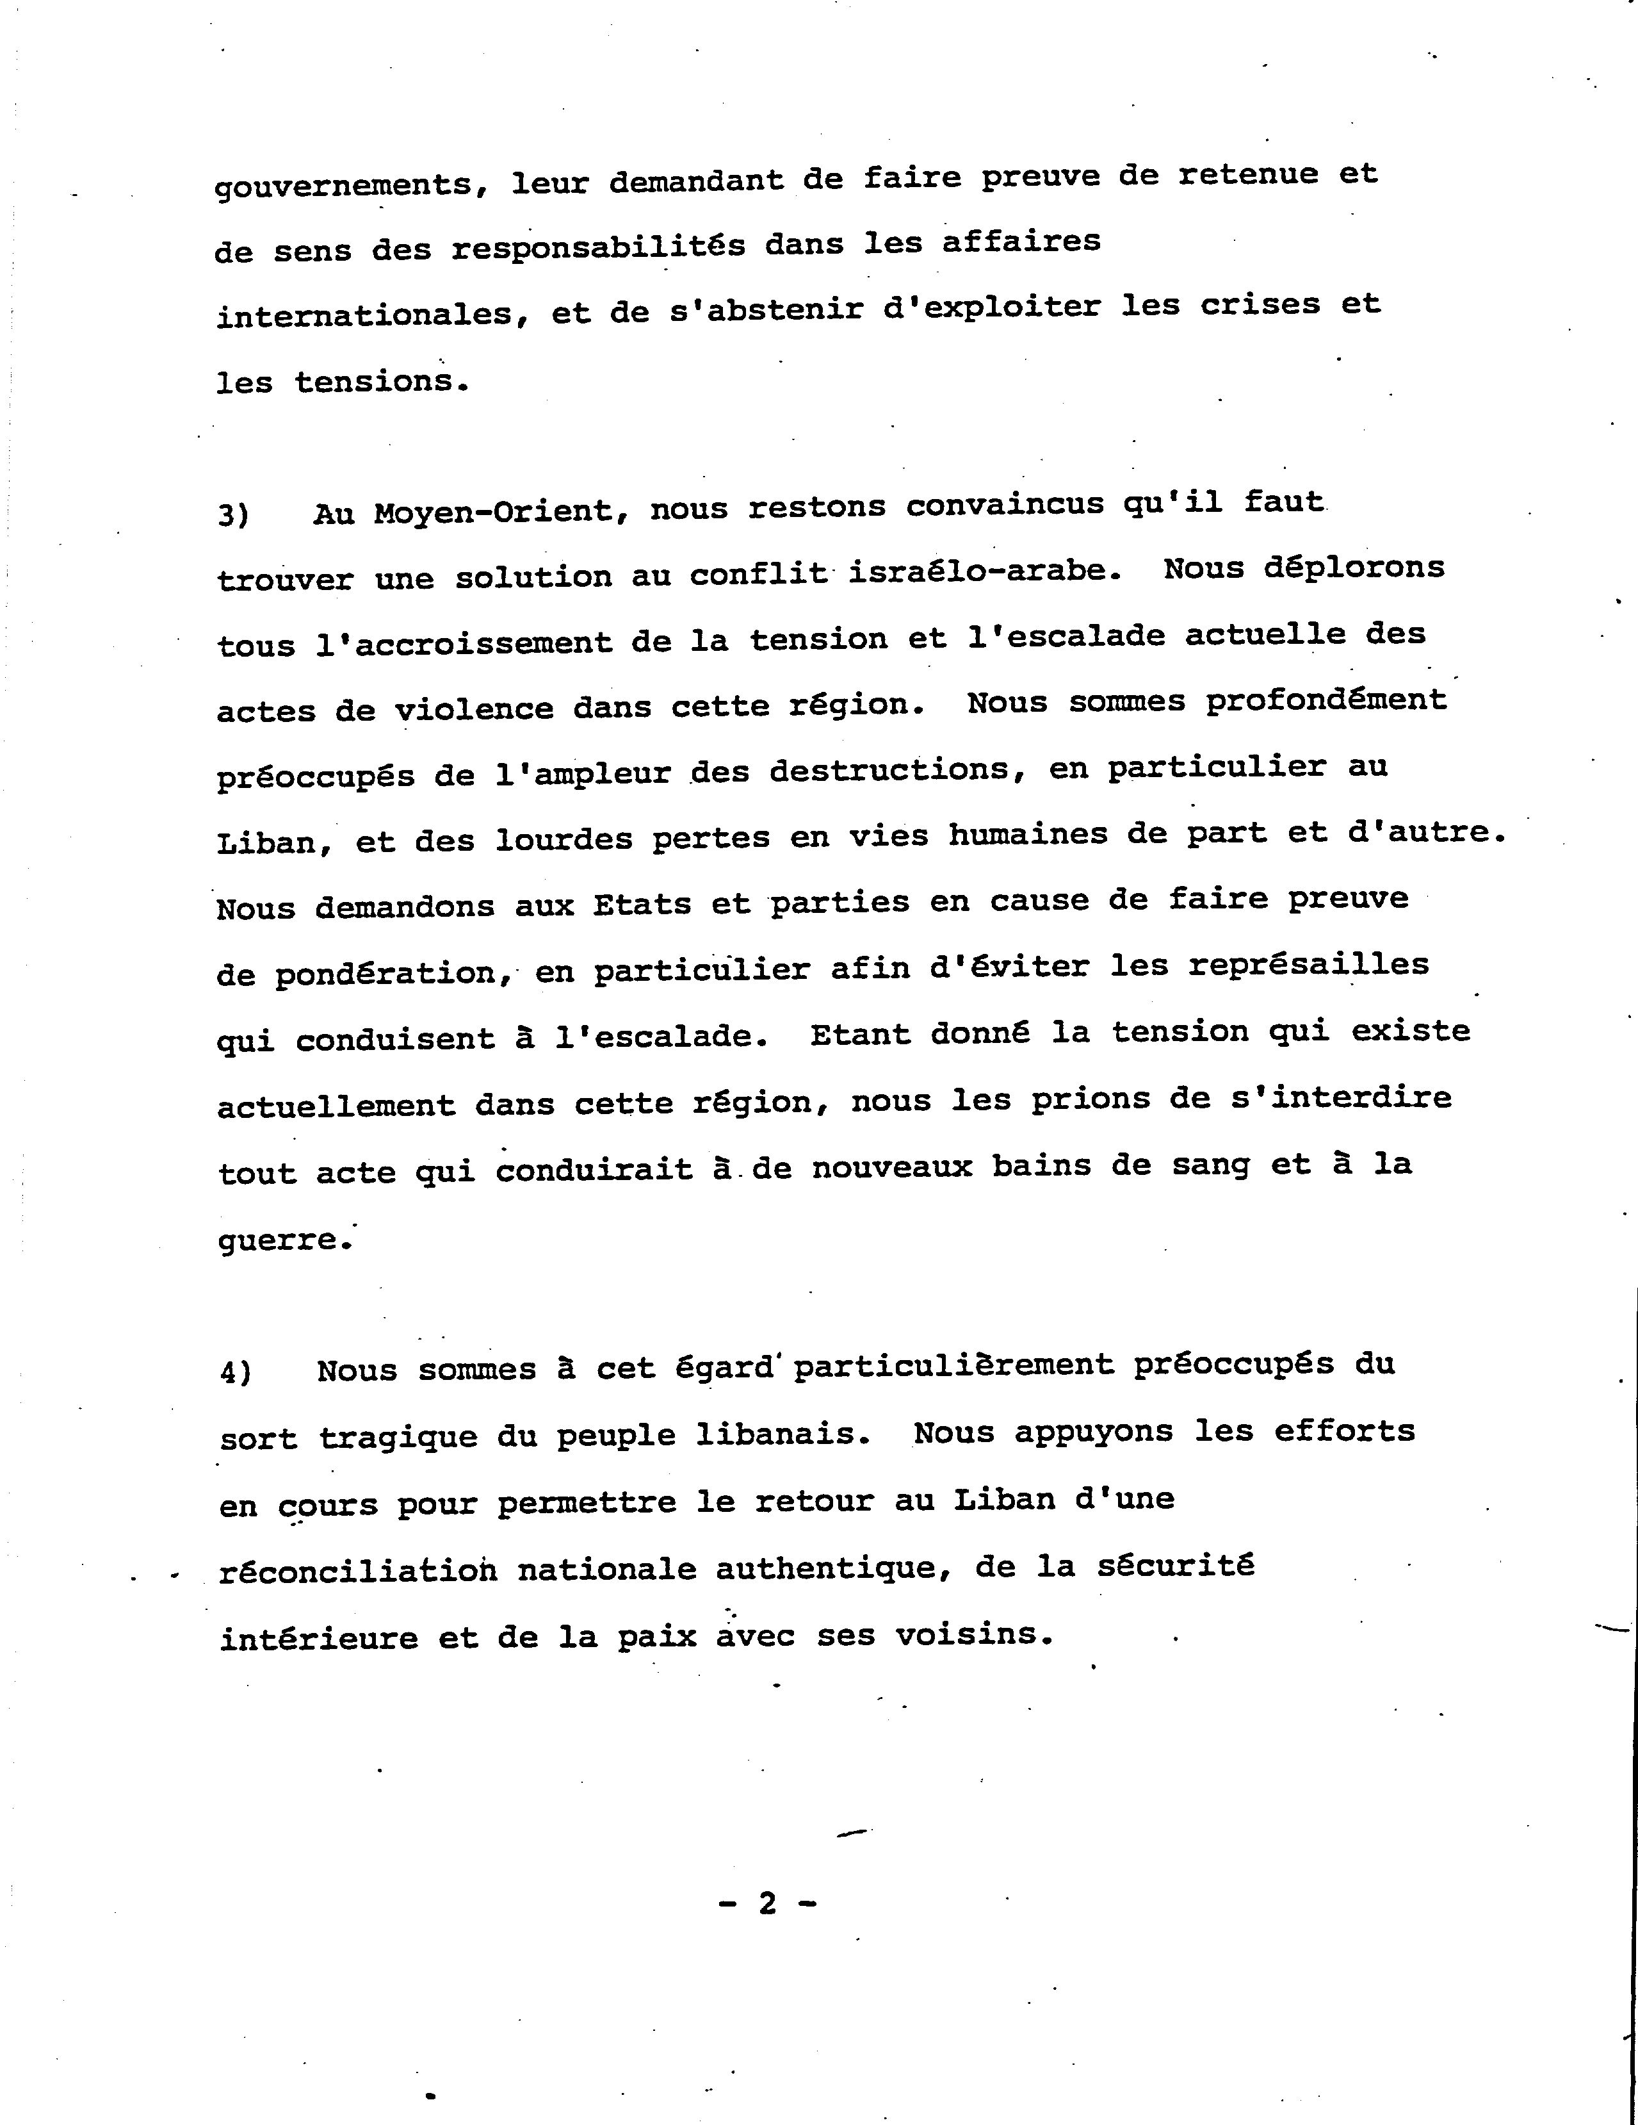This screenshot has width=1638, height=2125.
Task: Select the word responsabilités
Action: coord(597,246)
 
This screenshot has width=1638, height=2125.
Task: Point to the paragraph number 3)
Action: coord(234,514)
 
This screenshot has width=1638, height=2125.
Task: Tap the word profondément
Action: coord(1326,701)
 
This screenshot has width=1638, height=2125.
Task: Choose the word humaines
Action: coord(1028,835)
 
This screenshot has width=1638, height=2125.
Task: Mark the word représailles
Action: coord(1308,965)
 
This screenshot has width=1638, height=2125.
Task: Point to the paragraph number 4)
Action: coord(236,1372)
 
